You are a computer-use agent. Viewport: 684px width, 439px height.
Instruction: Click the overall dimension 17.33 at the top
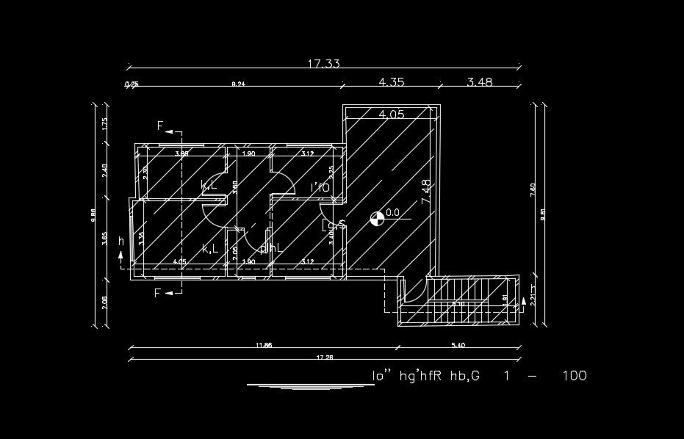click(323, 64)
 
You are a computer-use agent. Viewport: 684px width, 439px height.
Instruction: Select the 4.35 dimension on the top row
click(392, 82)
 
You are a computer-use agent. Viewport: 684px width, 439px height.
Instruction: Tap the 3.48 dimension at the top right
click(480, 82)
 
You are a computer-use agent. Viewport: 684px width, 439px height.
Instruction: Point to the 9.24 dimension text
click(238, 85)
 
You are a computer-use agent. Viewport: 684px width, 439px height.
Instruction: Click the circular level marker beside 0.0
click(375, 217)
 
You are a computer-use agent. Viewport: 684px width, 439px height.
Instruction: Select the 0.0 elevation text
click(392, 213)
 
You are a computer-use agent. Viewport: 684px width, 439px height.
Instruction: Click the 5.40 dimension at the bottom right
click(458, 345)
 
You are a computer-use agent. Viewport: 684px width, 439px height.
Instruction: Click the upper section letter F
click(160, 126)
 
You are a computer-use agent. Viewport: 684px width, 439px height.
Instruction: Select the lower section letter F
click(158, 293)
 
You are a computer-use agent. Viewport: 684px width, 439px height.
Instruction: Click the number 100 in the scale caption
click(574, 376)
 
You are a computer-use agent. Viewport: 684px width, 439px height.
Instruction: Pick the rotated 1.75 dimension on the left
click(105, 124)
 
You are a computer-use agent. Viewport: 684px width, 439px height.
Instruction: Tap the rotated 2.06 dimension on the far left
click(105, 302)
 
